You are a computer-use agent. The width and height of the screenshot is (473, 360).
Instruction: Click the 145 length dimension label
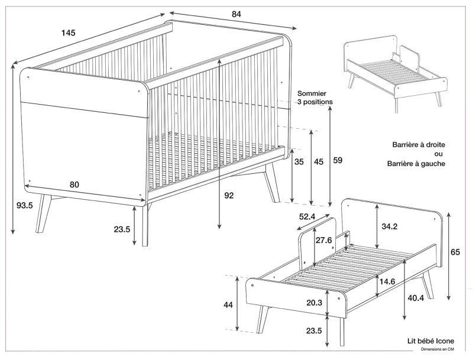tap(68, 33)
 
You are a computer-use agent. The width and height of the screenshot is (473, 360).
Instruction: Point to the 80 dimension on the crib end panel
tap(74, 184)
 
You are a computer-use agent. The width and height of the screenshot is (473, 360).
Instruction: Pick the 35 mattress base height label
tap(299, 161)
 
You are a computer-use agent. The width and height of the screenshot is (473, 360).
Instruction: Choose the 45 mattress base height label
tap(319, 161)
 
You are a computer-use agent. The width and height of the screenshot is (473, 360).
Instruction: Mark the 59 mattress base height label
tap(338, 160)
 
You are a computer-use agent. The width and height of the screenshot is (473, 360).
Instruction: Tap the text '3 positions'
tap(315, 102)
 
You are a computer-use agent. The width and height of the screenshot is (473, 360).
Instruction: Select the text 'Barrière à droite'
tap(419, 144)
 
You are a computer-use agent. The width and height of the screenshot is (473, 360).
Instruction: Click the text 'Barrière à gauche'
tap(416, 164)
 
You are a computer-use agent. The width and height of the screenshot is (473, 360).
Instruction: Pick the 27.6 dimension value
tap(323, 240)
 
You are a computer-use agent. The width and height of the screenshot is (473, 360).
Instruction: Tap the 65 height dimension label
tap(455, 252)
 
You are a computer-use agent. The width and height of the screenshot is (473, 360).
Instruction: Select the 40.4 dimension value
tap(415, 299)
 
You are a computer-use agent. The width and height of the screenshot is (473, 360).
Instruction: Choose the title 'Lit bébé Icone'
tap(430, 341)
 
